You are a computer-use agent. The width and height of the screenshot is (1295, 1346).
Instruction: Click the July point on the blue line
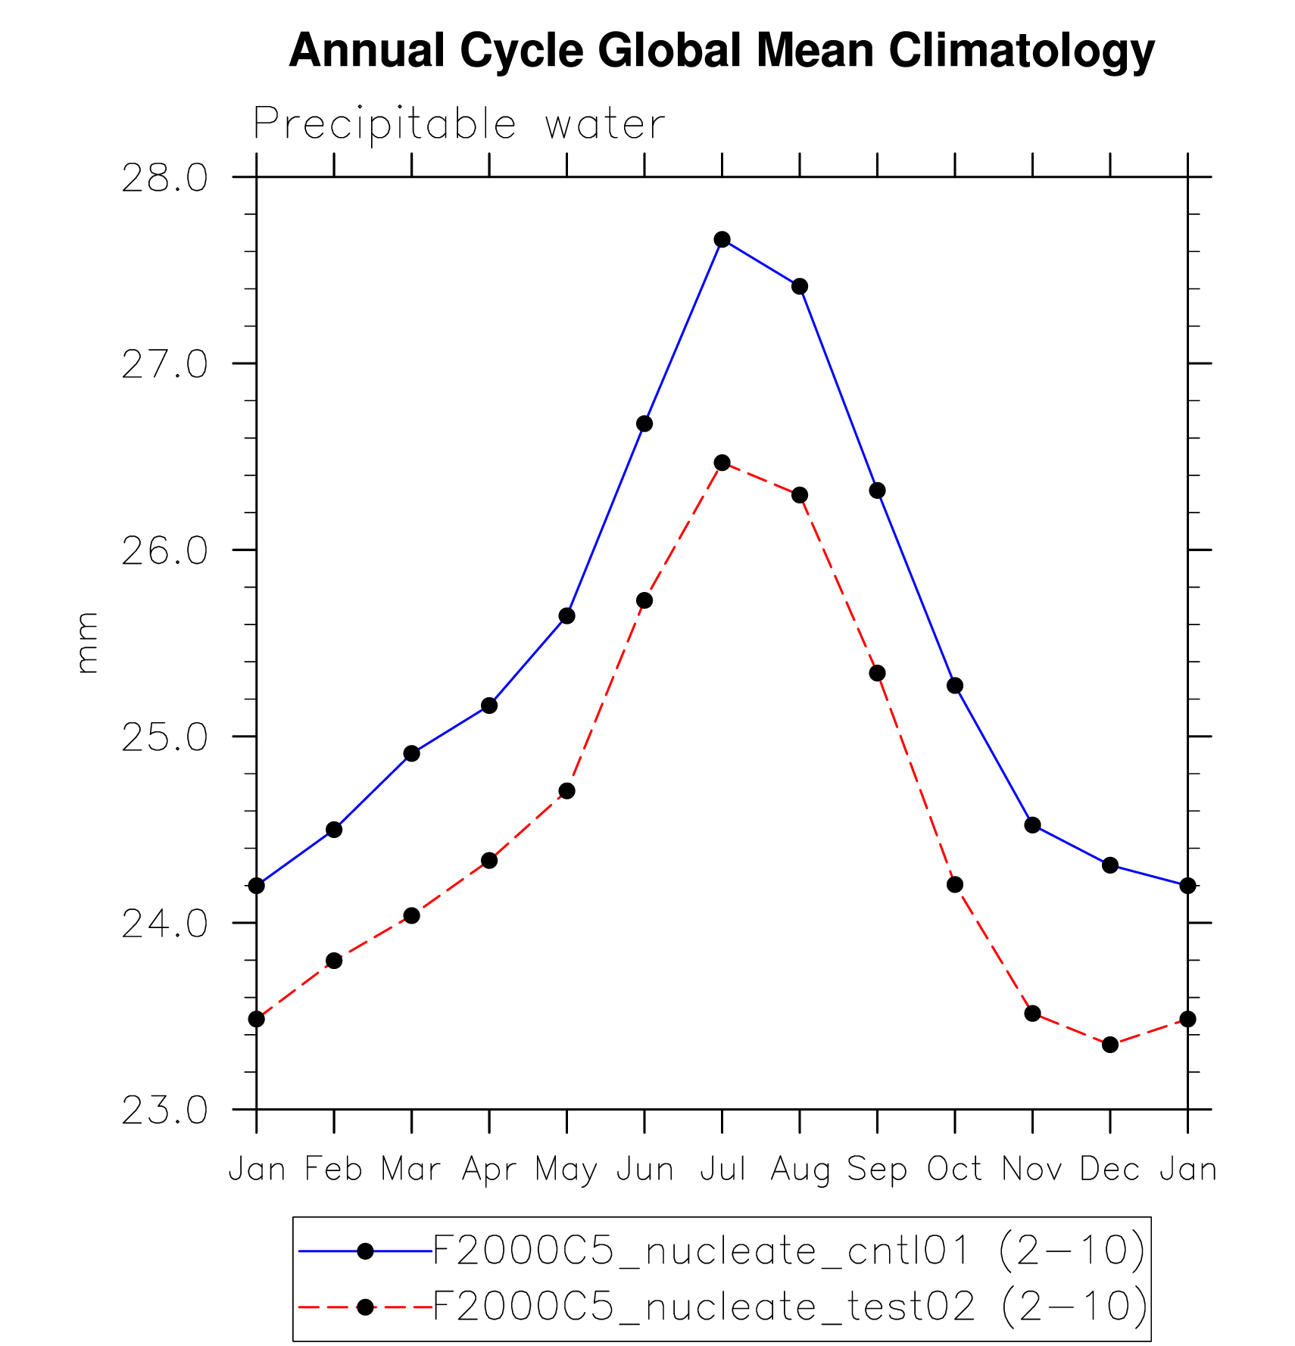click(x=722, y=240)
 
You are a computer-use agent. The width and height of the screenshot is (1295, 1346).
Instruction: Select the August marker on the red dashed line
click(x=800, y=495)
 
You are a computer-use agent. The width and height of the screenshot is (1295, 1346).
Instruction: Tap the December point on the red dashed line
click(x=1110, y=1045)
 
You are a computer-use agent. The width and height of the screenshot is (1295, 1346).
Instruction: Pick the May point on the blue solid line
click(x=566, y=616)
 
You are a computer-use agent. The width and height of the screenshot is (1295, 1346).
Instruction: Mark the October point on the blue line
click(x=955, y=686)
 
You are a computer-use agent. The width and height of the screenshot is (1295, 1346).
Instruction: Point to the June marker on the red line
click(x=644, y=600)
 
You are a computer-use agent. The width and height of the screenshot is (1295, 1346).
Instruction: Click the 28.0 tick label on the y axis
click(x=164, y=179)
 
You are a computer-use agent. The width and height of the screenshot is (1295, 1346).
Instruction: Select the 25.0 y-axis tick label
click(x=164, y=738)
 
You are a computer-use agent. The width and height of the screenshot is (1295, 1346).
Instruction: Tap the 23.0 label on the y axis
click(x=164, y=1111)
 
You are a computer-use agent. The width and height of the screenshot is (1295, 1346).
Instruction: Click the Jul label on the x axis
click(x=722, y=1170)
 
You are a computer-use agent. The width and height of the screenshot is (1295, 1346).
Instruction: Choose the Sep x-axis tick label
click(x=877, y=1170)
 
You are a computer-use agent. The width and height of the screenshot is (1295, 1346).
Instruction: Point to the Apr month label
click(x=489, y=1170)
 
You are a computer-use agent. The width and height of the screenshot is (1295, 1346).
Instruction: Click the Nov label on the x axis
click(x=1032, y=1170)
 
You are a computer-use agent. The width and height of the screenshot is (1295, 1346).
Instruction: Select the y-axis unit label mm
click(x=87, y=643)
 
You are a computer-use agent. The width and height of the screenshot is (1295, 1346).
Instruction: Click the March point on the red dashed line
click(x=411, y=916)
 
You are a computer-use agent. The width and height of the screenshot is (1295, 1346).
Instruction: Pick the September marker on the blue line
click(x=877, y=491)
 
